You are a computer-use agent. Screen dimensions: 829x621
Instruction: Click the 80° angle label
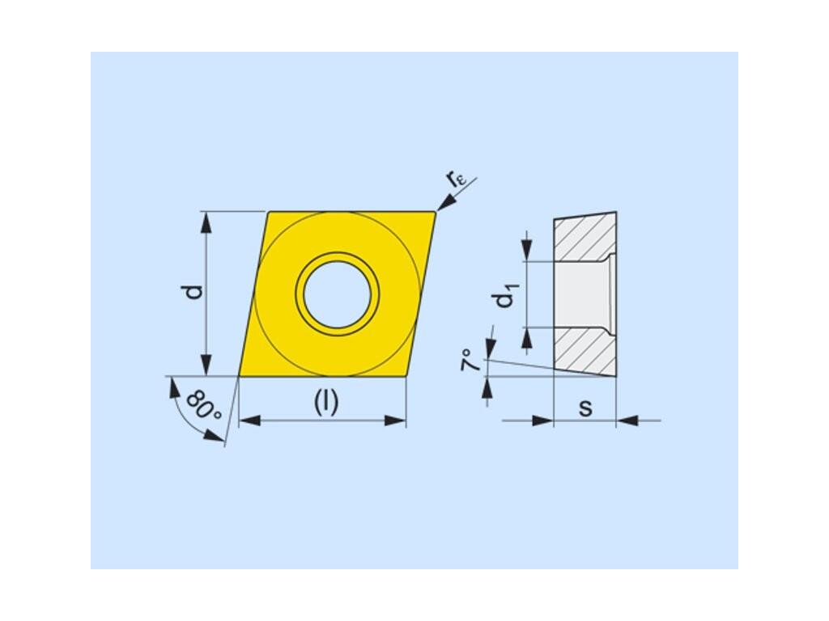coord(203,406)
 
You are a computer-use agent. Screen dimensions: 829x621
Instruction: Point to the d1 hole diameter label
coord(505,296)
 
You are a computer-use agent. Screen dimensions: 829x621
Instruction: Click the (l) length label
coord(326,403)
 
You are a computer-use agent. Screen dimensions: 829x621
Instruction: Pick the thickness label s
coord(585,408)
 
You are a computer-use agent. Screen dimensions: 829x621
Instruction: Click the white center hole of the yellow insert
coord(338,294)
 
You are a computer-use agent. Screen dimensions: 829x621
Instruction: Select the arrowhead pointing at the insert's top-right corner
coord(446,202)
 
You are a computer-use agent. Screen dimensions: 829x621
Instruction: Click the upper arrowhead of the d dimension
coord(206,222)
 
